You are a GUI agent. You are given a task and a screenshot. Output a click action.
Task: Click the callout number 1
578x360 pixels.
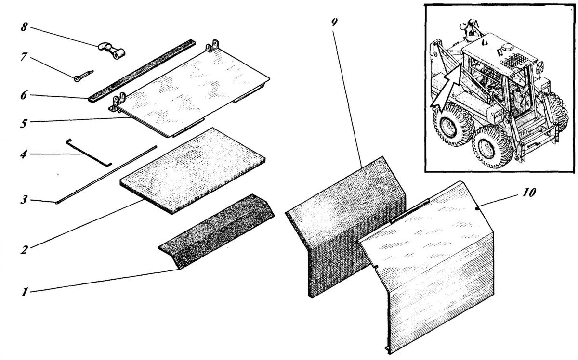[24, 292]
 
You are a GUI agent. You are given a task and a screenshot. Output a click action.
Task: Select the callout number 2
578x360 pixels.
[24, 250]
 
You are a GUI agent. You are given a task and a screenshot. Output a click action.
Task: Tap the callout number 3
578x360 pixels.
[24, 200]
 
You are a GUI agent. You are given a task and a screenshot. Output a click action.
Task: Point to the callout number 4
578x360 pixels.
[24, 154]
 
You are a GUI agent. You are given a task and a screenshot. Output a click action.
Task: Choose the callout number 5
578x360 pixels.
[24, 123]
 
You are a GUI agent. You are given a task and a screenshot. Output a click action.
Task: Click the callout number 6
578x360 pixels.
[24, 95]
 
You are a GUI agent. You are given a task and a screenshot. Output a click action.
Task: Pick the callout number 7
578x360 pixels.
[24, 57]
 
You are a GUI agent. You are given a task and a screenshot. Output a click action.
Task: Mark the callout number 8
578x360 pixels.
[24, 27]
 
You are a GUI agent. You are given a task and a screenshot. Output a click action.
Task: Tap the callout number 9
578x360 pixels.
[334, 23]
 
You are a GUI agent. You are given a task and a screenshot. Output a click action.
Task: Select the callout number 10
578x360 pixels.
[529, 193]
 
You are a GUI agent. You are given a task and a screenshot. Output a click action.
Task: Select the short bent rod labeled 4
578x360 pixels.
[89, 153]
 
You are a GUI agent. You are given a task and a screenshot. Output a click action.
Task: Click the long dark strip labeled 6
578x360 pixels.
[142, 71]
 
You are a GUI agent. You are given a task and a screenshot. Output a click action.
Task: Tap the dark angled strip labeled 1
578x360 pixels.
[216, 231]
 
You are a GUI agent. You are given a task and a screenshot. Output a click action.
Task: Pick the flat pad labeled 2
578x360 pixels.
[193, 171]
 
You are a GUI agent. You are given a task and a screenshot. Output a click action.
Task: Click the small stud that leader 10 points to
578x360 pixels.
[477, 208]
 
